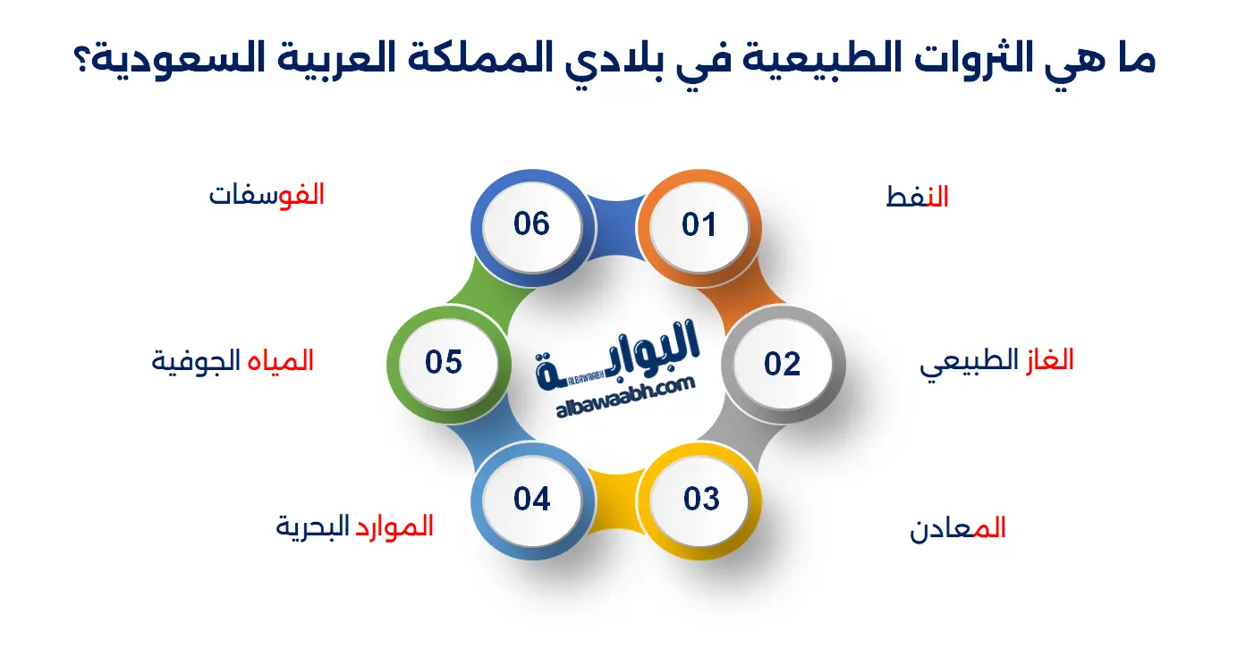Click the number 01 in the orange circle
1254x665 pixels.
(699, 225)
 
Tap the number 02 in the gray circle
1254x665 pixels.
(782, 364)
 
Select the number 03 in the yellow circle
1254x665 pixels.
(701, 499)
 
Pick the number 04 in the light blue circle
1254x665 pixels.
(532, 499)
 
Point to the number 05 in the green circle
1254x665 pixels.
(444, 362)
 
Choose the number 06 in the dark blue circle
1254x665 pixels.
(531, 223)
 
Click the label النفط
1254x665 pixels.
(917, 197)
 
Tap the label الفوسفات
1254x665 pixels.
(267, 195)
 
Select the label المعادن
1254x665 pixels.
(957, 528)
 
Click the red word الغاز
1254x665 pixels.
(1050, 359)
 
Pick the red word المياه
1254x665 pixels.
(281, 361)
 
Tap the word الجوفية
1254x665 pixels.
(196, 362)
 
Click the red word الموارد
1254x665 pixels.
(394, 526)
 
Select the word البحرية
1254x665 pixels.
(312, 527)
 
